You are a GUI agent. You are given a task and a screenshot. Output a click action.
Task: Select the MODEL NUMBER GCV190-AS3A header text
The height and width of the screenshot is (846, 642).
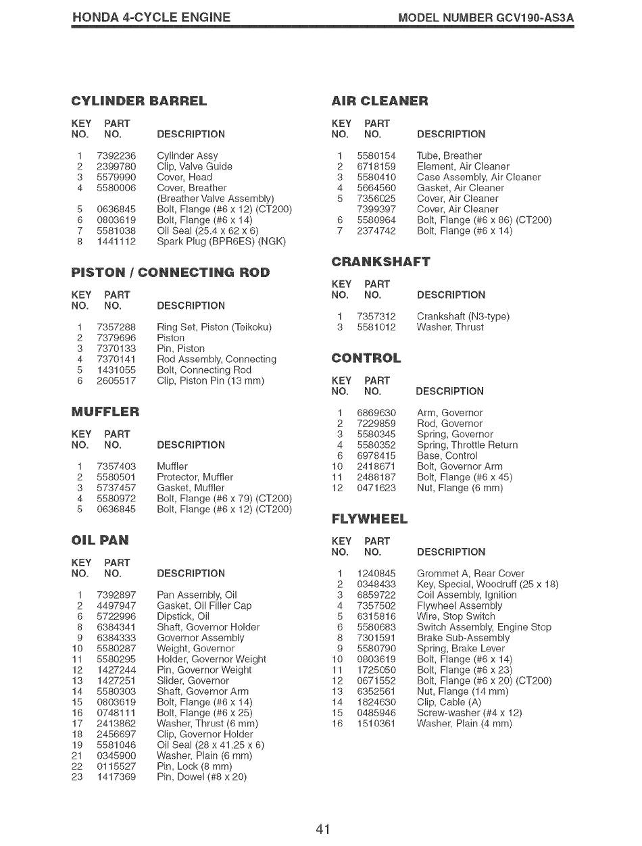tap(486, 17)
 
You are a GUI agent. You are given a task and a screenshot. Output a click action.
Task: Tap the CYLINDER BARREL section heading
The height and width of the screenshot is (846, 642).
tap(139, 101)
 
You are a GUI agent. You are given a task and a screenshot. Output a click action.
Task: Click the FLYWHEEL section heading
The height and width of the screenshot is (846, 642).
tap(370, 519)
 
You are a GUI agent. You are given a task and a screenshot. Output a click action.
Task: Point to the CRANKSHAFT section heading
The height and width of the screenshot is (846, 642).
tap(380, 262)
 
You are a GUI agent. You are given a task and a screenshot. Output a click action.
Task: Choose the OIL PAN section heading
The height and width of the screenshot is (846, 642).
tap(99, 540)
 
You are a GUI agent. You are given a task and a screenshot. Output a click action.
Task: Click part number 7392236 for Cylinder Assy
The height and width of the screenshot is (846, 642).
tap(116, 155)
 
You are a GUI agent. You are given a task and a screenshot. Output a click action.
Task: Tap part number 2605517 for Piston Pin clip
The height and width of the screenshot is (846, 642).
tap(116, 380)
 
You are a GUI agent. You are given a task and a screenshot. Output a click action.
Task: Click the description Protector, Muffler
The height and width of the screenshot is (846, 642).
tap(195, 477)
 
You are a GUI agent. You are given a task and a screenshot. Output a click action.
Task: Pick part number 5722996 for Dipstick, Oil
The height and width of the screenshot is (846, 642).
tap(116, 616)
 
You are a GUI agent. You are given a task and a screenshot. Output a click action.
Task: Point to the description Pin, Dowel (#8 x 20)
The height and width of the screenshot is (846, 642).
tap(201, 778)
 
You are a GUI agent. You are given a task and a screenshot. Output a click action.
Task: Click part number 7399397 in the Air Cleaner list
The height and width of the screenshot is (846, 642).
tap(376, 209)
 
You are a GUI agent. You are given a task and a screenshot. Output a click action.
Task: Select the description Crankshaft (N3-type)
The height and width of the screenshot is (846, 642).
tap(463, 316)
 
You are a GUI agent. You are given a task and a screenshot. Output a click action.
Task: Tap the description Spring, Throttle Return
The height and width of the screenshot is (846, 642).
tap(467, 445)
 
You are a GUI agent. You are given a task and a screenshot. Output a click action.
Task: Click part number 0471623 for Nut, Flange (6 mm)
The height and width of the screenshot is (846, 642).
tap(376, 488)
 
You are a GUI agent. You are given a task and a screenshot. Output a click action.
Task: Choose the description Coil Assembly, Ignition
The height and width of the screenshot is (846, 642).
tap(466, 595)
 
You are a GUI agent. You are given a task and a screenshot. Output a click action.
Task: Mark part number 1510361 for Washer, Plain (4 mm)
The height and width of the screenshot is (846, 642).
tap(376, 724)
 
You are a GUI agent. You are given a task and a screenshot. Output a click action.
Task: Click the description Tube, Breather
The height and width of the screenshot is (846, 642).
tap(449, 155)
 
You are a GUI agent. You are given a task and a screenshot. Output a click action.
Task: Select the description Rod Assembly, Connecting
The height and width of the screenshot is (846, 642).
tap(216, 359)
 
